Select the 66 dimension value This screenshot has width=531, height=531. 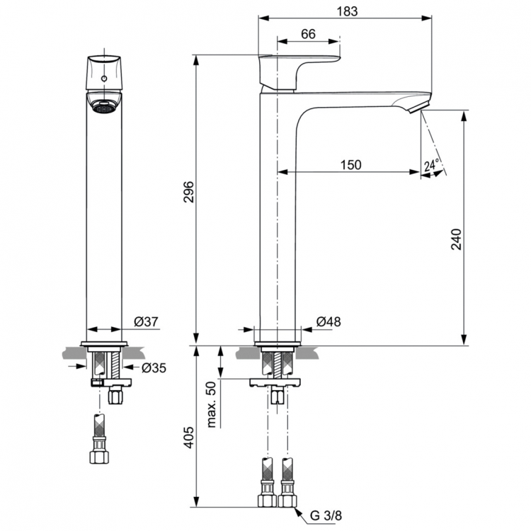308,34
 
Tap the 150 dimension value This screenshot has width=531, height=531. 350,165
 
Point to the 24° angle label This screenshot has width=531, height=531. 431,166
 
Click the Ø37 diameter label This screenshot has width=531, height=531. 145,321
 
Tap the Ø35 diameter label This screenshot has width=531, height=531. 153,367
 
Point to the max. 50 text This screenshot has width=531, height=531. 210,405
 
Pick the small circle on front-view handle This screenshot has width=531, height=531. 104,79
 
